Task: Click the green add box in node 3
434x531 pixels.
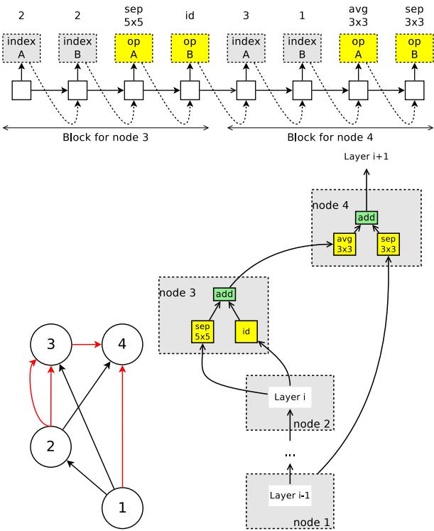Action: coord(224,294)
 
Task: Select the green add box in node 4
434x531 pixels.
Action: coord(367,217)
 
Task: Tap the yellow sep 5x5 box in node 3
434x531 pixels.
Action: coord(202,331)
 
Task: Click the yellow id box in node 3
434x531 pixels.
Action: coord(246,331)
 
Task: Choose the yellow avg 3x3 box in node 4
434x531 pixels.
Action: coord(345,245)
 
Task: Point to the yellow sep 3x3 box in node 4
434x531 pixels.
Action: coord(389,245)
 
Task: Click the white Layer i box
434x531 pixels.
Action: coord(290,397)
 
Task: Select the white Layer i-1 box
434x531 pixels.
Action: coord(290,495)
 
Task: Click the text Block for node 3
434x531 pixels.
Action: coord(106,137)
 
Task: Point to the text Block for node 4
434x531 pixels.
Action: coord(330,137)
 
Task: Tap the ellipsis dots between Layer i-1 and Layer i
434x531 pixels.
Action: coord(290,454)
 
